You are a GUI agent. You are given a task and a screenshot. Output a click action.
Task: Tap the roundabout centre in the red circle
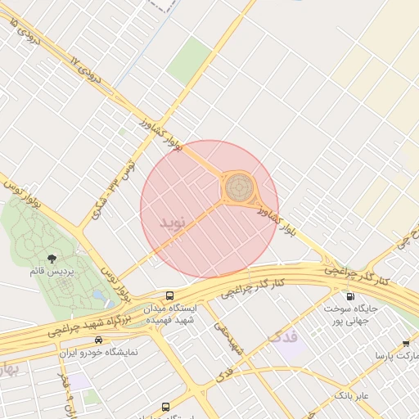tap(238, 188)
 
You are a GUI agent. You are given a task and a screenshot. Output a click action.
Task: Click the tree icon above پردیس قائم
tap(52, 258)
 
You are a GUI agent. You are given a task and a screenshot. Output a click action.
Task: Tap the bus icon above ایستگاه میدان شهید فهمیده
tap(169, 295)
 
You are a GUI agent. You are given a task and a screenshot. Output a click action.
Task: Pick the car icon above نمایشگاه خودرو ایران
tap(99, 339)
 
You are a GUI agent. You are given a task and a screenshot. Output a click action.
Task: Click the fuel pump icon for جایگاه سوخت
tap(350, 296)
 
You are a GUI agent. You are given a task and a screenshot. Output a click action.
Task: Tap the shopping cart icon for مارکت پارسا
tap(406, 343)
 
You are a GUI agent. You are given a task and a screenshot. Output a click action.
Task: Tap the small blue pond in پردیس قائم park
tap(98, 295)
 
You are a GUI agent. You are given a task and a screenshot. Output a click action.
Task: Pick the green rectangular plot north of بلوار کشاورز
tap(191, 60)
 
